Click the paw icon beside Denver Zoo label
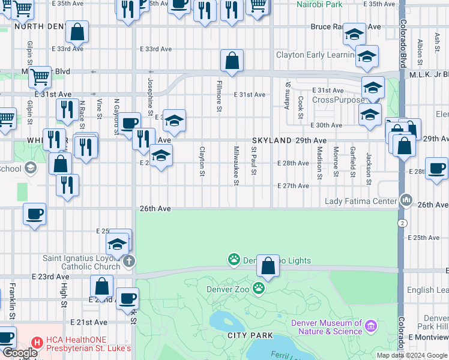pos(259,289)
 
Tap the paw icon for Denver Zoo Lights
pos(234,260)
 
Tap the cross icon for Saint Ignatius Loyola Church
pos(128,261)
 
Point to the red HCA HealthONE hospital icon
pos(37,343)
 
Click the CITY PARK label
pos(250,335)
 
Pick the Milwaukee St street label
pos(237,165)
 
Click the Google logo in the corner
pos(19,353)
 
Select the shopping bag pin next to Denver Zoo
pos(269,265)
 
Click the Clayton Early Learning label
pos(315,55)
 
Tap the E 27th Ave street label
pos(293,186)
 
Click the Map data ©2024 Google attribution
pos(412,355)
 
